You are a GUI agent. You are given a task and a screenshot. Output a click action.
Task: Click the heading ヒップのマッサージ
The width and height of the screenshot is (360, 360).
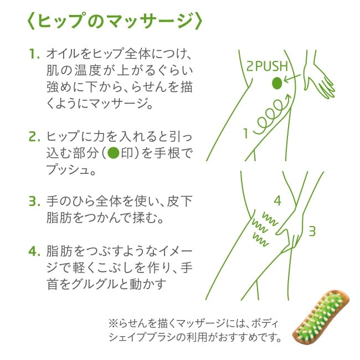pyautogui.click(x=115, y=22)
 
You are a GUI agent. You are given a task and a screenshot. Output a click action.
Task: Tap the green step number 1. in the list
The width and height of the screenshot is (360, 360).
pyautogui.click(x=34, y=54)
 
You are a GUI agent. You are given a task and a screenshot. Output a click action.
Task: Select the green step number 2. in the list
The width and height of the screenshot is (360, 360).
pyautogui.click(x=34, y=136)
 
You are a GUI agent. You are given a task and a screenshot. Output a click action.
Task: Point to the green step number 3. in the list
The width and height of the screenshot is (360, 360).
pyautogui.click(x=34, y=201)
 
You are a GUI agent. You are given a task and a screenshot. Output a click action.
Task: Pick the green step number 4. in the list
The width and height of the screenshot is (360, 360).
pyautogui.click(x=34, y=251)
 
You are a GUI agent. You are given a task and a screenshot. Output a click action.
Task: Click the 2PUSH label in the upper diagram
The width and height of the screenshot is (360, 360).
pyautogui.click(x=267, y=66)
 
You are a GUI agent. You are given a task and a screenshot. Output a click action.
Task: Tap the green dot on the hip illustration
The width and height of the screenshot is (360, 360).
pyautogui.click(x=277, y=83)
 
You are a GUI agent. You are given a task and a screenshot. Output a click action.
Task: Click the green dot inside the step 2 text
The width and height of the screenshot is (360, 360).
pyautogui.click(x=114, y=153)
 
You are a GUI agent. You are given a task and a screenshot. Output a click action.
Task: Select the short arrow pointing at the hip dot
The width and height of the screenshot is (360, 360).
pyautogui.click(x=292, y=78)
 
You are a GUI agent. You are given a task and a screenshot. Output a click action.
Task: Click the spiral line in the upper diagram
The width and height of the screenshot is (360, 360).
pyautogui.click(x=272, y=114)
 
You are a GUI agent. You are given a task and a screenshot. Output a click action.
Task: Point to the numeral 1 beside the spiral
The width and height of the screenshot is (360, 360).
pyautogui.click(x=246, y=133)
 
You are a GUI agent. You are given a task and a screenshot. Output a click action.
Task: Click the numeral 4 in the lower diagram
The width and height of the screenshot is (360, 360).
pyautogui.click(x=277, y=201)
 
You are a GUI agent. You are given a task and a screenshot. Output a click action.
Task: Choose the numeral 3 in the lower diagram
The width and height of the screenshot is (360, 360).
pyautogui.click(x=312, y=231)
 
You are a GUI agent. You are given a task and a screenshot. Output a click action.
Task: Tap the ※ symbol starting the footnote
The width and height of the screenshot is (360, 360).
pyautogui.click(x=113, y=324)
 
